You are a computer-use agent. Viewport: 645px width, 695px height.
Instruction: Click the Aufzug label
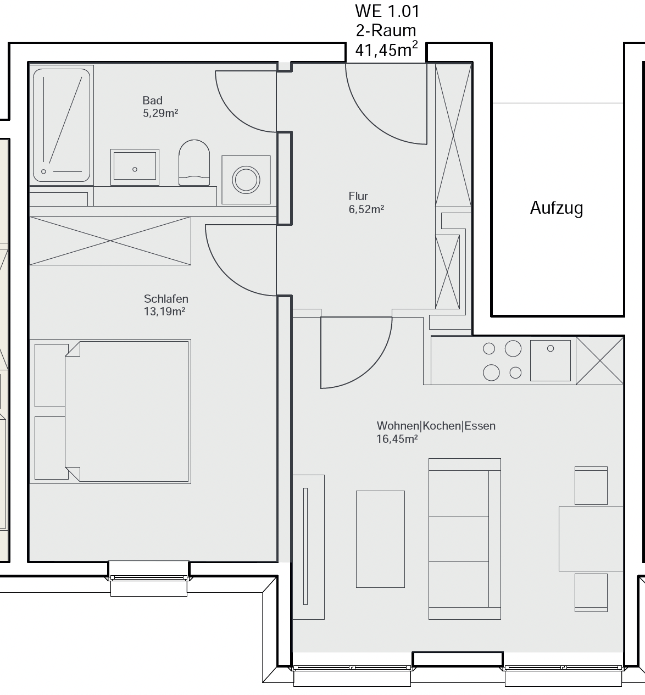557,208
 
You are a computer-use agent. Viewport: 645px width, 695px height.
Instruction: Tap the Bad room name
152,101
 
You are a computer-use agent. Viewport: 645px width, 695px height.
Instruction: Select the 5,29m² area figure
160,113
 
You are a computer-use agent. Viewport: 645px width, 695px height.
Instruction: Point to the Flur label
358,196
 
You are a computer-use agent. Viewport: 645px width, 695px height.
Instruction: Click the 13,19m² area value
164,311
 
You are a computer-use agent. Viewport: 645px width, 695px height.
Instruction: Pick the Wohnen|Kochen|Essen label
436,426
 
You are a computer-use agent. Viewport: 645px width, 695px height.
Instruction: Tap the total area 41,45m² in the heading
386,49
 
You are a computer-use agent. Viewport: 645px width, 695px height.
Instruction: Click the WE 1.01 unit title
387,11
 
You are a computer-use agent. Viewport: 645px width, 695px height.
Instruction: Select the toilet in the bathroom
194,163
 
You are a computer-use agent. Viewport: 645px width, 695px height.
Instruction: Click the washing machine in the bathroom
246,180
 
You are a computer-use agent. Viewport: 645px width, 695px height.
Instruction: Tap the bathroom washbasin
135,167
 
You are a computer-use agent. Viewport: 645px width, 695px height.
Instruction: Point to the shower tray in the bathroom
62,125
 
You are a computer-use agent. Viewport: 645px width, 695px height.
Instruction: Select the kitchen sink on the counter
550,360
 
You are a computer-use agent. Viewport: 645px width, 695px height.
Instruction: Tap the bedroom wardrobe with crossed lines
110,241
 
